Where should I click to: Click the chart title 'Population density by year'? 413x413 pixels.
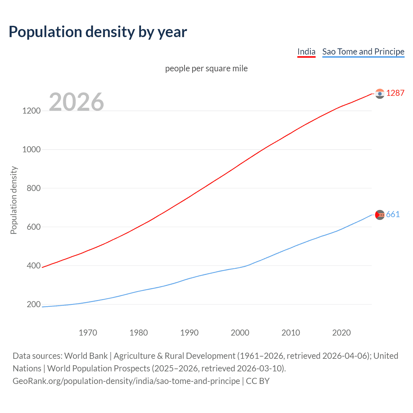click(98, 32)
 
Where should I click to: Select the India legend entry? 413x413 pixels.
click(306, 52)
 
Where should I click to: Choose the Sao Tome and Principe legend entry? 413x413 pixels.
click(363, 52)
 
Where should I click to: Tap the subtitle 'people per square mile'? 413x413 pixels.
click(206, 68)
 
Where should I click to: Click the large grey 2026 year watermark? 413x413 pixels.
click(76, 102)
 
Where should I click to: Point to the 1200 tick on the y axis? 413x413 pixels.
click(31, 111)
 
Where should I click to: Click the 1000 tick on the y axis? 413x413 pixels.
click(31, 149)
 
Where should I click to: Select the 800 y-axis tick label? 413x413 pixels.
click(34, 188)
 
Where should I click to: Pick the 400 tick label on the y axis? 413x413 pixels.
click(34, 266)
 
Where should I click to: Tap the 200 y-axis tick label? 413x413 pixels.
click(34, 304)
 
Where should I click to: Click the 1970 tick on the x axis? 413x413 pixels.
click(88, 333)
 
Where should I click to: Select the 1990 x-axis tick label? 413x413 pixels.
click(189, 333)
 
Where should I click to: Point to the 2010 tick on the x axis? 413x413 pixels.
click(291, 333)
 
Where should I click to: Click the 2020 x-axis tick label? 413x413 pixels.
click(341, 333)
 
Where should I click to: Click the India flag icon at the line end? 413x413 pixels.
click(380, 94)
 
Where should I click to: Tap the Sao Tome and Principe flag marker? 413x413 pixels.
click(380, 215)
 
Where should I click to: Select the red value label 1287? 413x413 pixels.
click(395, 93)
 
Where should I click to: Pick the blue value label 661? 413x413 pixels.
click(393, 215)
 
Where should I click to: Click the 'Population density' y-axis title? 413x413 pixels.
click(14, 200)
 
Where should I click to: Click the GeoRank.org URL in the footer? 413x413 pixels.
click(126, 381)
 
